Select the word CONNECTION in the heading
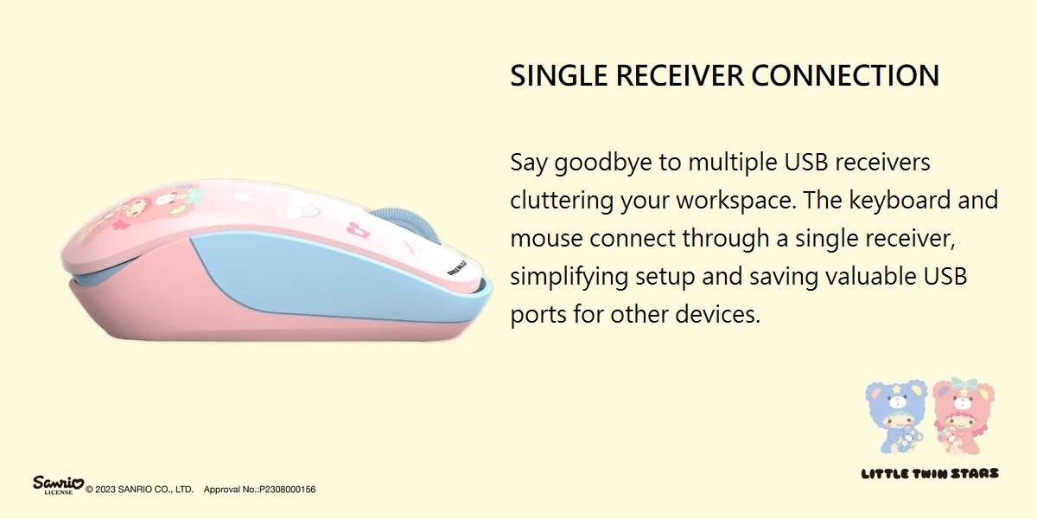[845, 75]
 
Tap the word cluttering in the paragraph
[561, 201]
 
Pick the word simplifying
[568, 278]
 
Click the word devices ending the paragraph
[718, 315]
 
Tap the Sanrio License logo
[59, 484]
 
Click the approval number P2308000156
[288, 490]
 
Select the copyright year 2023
[105, 490]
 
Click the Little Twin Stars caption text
[930, 474]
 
